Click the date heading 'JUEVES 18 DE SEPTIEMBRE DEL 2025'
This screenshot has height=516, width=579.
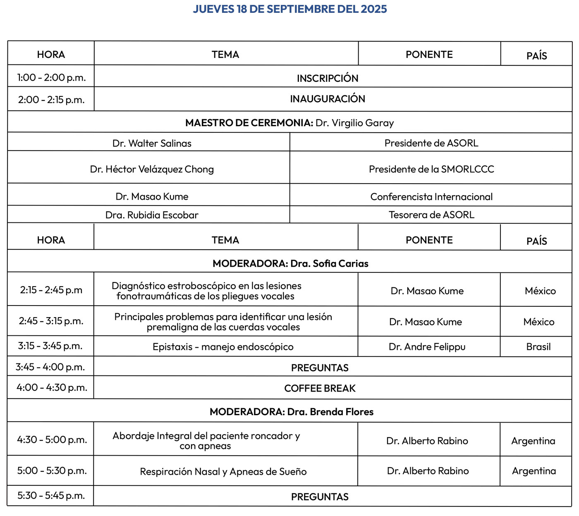[x=289, y=9]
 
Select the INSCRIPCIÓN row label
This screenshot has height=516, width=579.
[x=328, y=78]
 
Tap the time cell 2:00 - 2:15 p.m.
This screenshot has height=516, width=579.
[x=51, y=100]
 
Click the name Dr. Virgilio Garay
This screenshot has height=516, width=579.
[x=354, y=123]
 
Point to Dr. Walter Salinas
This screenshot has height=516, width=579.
[x=152, y=143]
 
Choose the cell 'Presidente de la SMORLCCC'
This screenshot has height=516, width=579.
[x=431, y=169]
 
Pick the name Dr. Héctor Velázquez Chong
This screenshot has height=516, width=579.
[x=152, y=169]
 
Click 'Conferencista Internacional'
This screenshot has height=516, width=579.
[x=431, y=197]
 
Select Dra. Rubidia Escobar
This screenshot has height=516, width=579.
[x=152, y=215]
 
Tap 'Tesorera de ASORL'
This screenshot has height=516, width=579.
[x=431, y=215]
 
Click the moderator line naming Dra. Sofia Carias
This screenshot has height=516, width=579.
[x=290, y=263]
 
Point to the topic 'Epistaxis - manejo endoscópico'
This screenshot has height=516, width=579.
[x=223, y=347]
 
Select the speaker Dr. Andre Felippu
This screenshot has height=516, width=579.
[x=427, y=347]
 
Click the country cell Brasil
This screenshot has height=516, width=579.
[x=538, y=347]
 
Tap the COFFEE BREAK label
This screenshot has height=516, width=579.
[x=320, y=388]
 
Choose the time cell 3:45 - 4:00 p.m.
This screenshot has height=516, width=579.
[x=50, y=367]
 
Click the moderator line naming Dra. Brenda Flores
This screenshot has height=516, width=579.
[x=291, y=412]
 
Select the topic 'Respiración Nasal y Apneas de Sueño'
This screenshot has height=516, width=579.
[x=223, y=471]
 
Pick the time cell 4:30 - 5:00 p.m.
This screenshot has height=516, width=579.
[x=52, y=440]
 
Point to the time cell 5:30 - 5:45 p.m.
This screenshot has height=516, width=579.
[x=51, y=495]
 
